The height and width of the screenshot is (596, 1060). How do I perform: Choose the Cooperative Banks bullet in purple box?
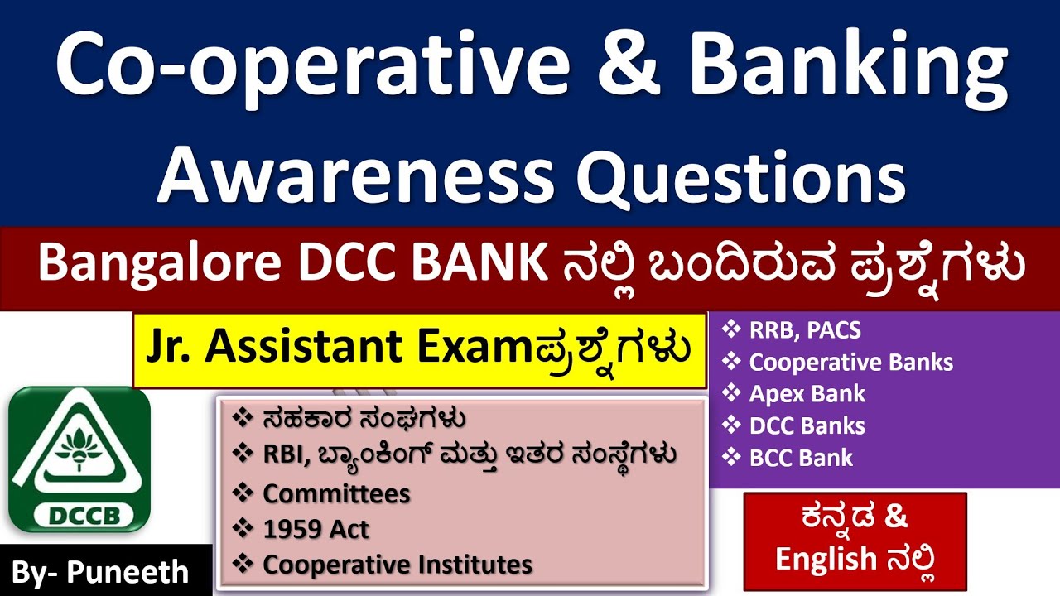(850, 363)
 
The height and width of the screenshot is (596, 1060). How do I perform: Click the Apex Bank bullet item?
(807, 394)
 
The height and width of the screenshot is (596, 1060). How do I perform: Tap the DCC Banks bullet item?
(807, 426)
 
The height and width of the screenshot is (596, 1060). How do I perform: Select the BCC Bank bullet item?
(801, 458)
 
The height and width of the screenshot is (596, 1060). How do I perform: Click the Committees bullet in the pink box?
(336, 494)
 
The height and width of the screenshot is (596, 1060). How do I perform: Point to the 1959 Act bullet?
(316, 529)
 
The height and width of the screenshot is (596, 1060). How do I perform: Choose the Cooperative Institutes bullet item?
(397, 565)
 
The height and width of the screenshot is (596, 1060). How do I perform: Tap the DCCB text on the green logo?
(79, 515)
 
